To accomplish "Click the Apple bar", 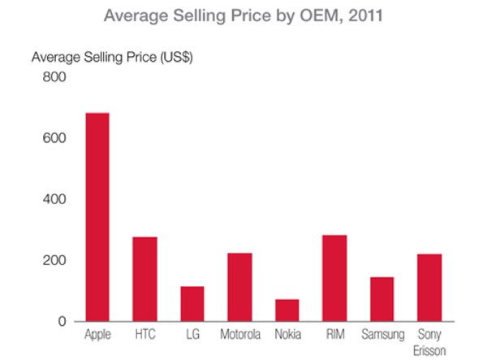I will click(97, 217).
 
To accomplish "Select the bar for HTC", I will click(145, 279).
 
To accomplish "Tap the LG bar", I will click(192, 303).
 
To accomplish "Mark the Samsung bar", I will click(382, 299).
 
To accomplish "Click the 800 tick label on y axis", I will click(54, 77).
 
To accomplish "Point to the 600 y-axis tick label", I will click(54, 138).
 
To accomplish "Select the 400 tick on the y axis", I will click(54, 199).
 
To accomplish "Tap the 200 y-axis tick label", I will click(54, 261).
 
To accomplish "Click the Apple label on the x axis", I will click(97, 335).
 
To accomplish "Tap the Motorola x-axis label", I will click(239, 335).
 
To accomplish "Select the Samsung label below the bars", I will click(382, 335).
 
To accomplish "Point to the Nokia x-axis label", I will click(287, 335).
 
